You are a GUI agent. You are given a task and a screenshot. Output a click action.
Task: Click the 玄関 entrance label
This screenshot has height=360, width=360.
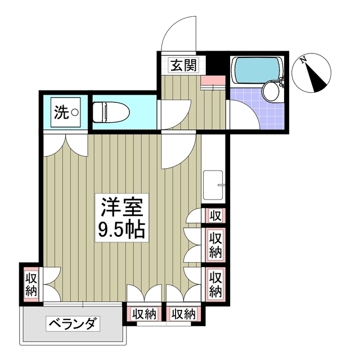183,65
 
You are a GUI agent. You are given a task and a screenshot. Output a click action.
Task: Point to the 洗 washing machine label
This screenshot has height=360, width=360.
62,112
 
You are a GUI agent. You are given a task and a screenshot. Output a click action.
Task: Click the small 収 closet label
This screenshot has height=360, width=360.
215,215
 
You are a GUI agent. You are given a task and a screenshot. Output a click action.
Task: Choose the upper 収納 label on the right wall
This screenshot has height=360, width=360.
215,244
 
